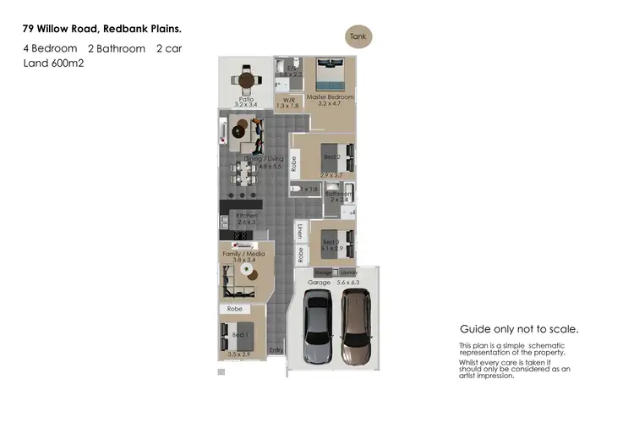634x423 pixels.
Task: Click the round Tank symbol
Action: click(358, 36)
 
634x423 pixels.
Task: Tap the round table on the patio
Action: click(246, 81)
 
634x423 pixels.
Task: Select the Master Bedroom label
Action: click(331, 97)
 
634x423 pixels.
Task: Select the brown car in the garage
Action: click(356, 325)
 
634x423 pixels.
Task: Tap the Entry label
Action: click(276, 349)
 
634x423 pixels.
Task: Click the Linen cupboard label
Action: click(300, 230)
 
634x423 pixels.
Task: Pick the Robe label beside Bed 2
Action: click(293, 161)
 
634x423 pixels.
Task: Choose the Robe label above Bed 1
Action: click(233, 310)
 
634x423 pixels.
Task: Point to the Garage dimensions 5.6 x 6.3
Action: click(348, 283)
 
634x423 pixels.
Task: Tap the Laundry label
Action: click(347, 272)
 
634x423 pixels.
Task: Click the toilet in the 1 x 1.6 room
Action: click(296, 190)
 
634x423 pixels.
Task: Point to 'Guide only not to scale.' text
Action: click(518, 329)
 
